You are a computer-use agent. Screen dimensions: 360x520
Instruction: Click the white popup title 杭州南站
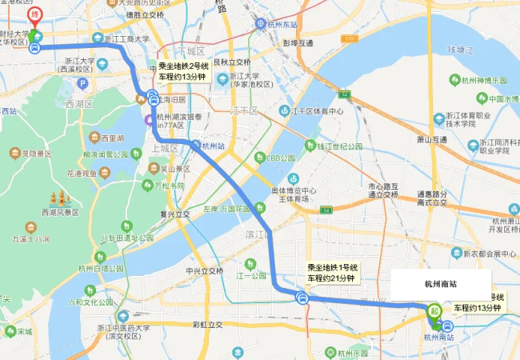tap(442, 283)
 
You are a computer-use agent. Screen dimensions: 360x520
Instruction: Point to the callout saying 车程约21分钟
tap(330, 278)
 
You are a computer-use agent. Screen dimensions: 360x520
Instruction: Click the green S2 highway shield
tap(326, 209)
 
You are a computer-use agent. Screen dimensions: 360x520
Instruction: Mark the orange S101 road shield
tap(350, 38)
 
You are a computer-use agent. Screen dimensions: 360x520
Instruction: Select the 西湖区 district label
tap(79, 104)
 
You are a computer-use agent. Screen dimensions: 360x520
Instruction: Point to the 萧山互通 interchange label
tap(432, 140)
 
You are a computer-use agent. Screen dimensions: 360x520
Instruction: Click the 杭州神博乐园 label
tap(490, 81)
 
